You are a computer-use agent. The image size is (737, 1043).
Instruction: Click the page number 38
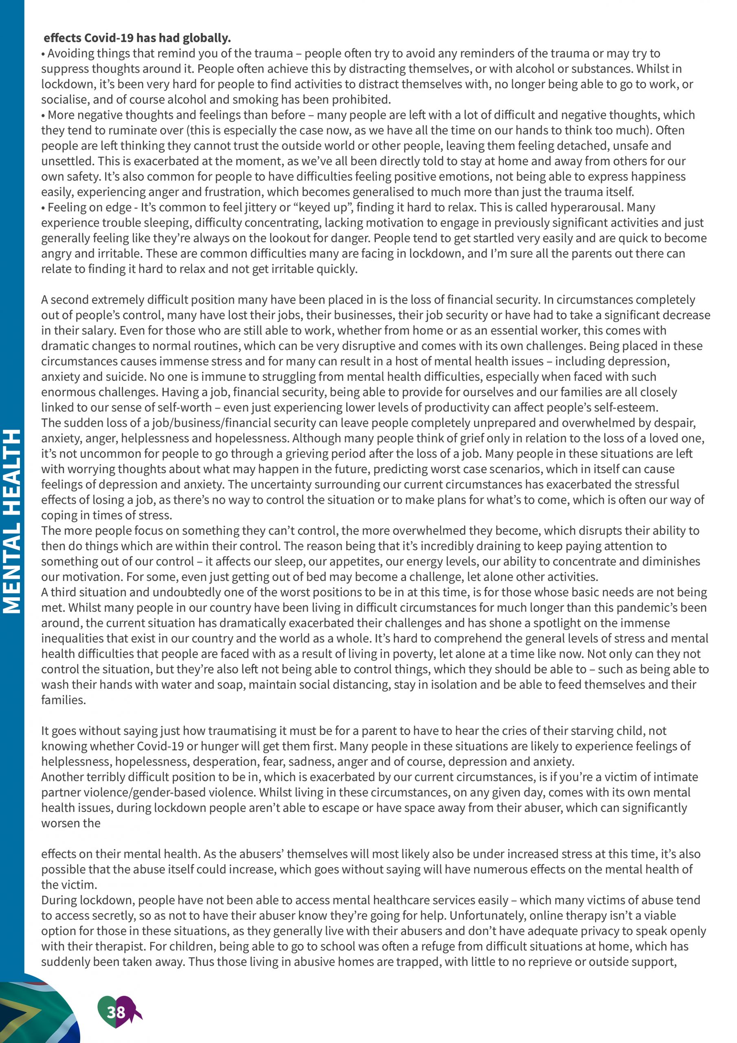click(x=116, y=1012)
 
